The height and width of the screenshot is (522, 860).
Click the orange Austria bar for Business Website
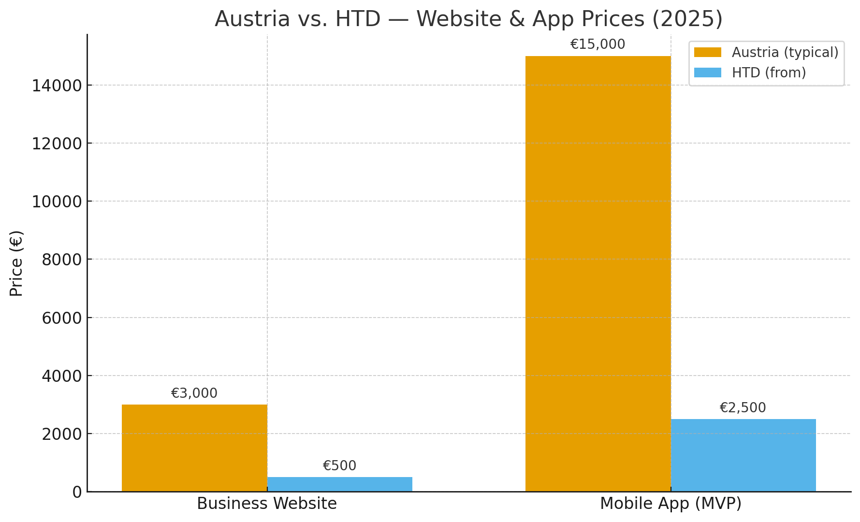coord(194,448)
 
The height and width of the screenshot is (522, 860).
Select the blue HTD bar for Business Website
coord(340,484)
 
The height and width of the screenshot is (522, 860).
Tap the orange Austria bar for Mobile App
coord(598,274)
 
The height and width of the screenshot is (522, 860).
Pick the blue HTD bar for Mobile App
coord(743,455)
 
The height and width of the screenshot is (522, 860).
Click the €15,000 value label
coord(598,44)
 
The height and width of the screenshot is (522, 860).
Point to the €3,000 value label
coord(194,393)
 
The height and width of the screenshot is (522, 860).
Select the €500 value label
coord(339,466)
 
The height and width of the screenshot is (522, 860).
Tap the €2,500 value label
coord(743,408)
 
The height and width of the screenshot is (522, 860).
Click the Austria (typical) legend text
coord(785,52)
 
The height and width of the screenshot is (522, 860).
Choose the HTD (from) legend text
coord(769,72)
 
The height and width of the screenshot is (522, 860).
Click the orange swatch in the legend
coord(707,52)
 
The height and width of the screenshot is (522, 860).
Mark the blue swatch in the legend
coord(707,72)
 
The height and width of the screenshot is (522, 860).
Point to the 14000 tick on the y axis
coord(57,86)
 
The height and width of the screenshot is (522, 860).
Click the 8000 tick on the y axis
coord(62,260)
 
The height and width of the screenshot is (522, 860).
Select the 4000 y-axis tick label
coord(62,376)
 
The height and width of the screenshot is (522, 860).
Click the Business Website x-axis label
coord(267,504)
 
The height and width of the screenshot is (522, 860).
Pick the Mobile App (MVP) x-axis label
coord(671,504)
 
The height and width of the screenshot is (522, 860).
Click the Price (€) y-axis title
coord(16,263)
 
